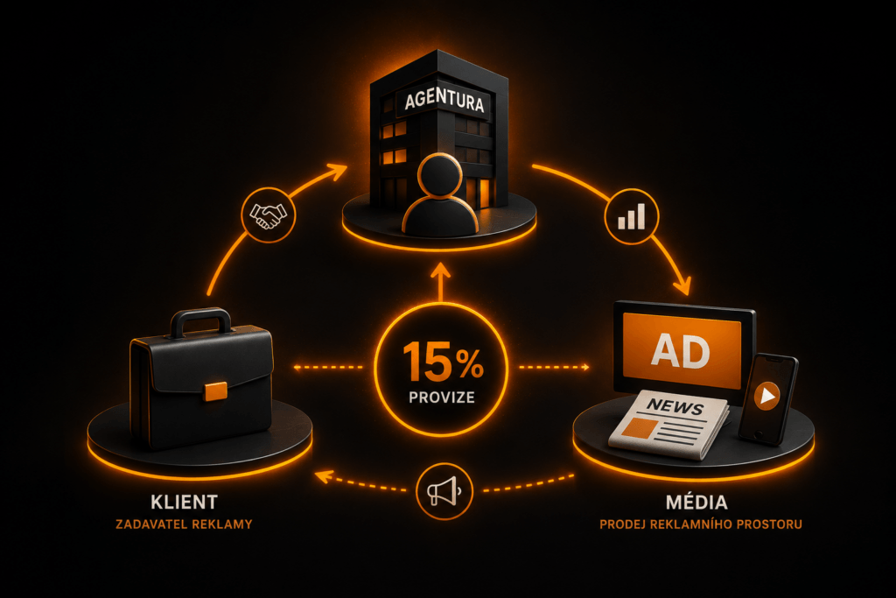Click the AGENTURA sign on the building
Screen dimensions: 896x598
(444, 101)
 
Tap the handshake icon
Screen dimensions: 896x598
(268, 215)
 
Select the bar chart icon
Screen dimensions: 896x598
(632, 216)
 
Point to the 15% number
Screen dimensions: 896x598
(442, 362)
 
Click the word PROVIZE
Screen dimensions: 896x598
(442, 397)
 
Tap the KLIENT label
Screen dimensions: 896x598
(184, 502)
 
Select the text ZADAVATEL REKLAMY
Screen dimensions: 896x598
(184, 524)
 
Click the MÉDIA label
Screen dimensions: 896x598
(696, 502)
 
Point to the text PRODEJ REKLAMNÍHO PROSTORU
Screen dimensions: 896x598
(701, 524)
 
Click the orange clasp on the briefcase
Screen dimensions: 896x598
(215, 391)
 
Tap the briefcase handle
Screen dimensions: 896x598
(200, 322)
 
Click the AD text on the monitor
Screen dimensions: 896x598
(680, 350)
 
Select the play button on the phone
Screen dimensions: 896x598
(766, 395)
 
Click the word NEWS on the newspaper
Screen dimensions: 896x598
(675, 406)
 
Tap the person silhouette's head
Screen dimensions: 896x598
(439, 174)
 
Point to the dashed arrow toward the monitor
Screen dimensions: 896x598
(554, 367)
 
